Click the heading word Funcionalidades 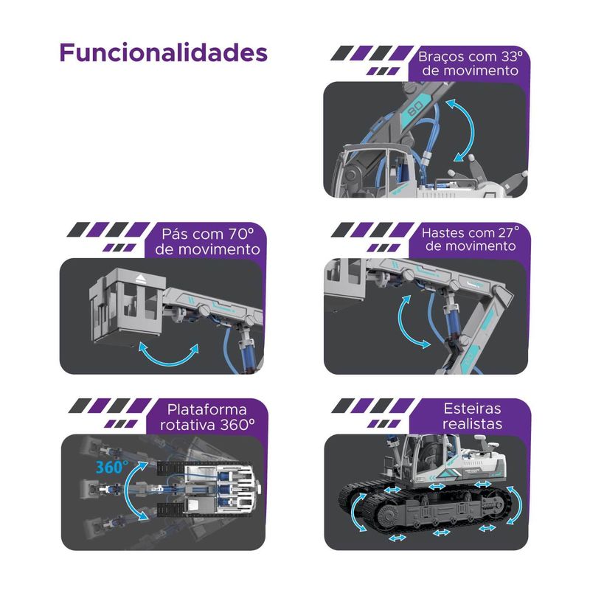pos(163,52)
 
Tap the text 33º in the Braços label pos(512,57)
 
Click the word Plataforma pos(207,409)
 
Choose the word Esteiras pos(472,409)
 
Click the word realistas pos(472,423)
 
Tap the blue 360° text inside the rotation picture pos(112,467)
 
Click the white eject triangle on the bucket pos(140,279)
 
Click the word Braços pos(441,58)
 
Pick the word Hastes pos(441,233)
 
